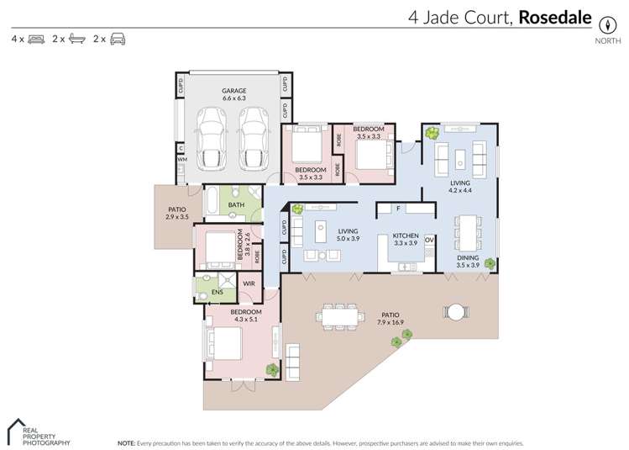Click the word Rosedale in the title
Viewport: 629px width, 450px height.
556,17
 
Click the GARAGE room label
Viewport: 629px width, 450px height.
233,90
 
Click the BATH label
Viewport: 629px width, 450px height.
237,204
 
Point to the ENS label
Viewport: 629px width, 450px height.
217,293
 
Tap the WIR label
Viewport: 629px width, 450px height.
249,284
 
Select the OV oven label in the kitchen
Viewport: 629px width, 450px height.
429,241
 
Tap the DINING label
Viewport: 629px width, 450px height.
468,257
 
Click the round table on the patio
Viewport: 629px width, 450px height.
455,312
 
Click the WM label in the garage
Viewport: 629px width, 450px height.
181,158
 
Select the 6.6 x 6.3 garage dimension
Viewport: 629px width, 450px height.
233,98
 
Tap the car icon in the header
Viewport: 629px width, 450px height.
118,39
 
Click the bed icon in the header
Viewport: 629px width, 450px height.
36,39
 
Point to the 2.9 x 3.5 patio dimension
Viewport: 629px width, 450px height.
176,217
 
